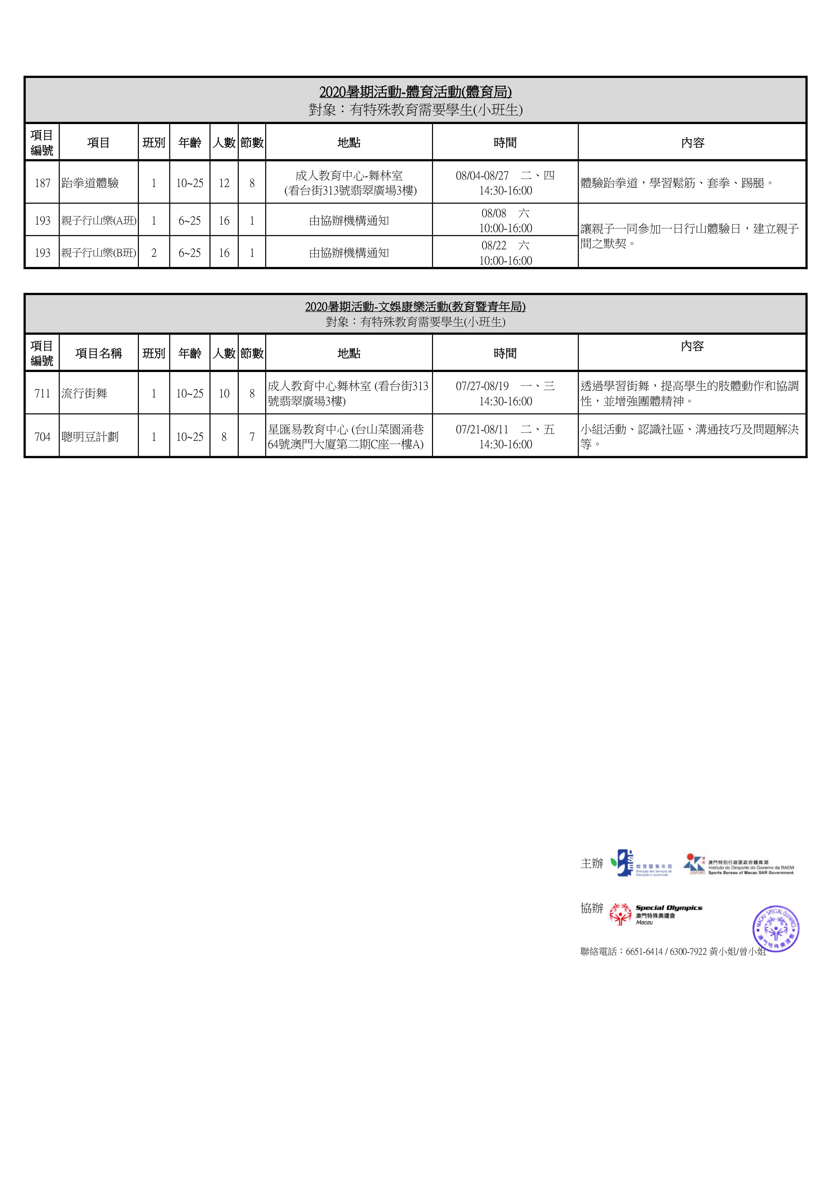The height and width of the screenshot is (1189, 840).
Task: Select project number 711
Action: (42, 394)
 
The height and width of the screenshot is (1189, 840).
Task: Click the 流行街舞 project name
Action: (84, 394)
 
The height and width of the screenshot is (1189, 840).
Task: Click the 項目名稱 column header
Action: (98, 353)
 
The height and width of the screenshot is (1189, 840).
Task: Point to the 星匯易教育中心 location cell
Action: (348, 436)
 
